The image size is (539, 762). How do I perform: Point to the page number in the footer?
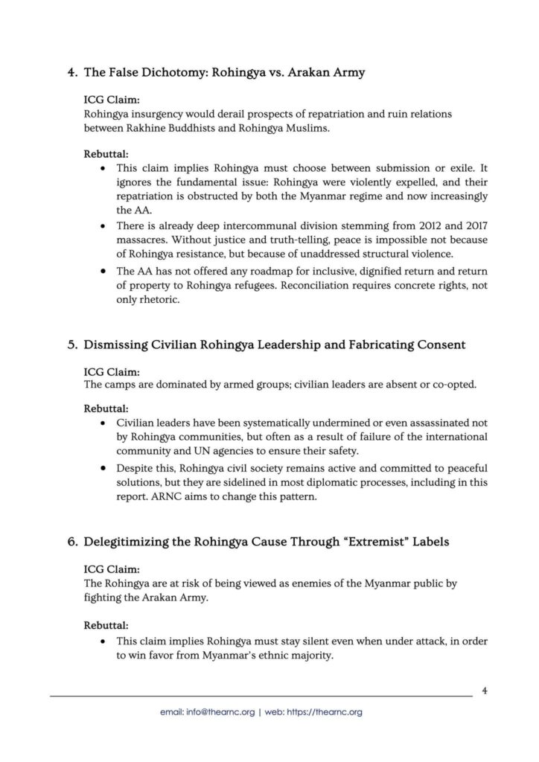[x=485, y=690]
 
